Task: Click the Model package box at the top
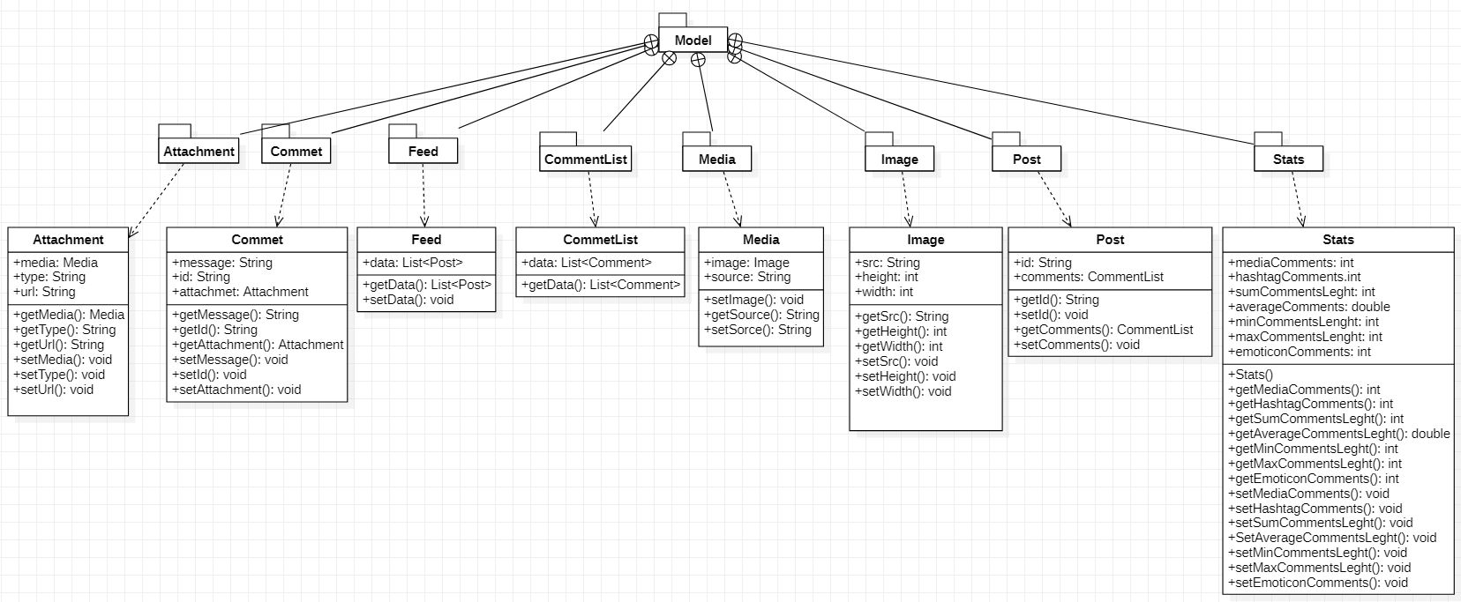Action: point(693,41)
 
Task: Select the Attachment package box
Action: point(199,151)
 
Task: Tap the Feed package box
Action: point(423,151)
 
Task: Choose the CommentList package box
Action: point(586,159)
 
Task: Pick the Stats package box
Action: point(1289,159)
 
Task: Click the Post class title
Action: point(1110,240)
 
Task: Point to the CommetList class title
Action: point(600,240)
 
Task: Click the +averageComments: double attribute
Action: point(1309,307)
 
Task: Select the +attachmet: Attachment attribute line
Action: point(240,292)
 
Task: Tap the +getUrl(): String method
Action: point(59,345)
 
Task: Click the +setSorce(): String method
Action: point(757,330)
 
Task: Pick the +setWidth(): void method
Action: point(903,391)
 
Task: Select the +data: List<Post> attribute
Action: point(413,263)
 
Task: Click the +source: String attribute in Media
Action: point(746,277)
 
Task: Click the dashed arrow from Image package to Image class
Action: point(906,199)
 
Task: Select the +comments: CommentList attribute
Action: point(1088,277)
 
